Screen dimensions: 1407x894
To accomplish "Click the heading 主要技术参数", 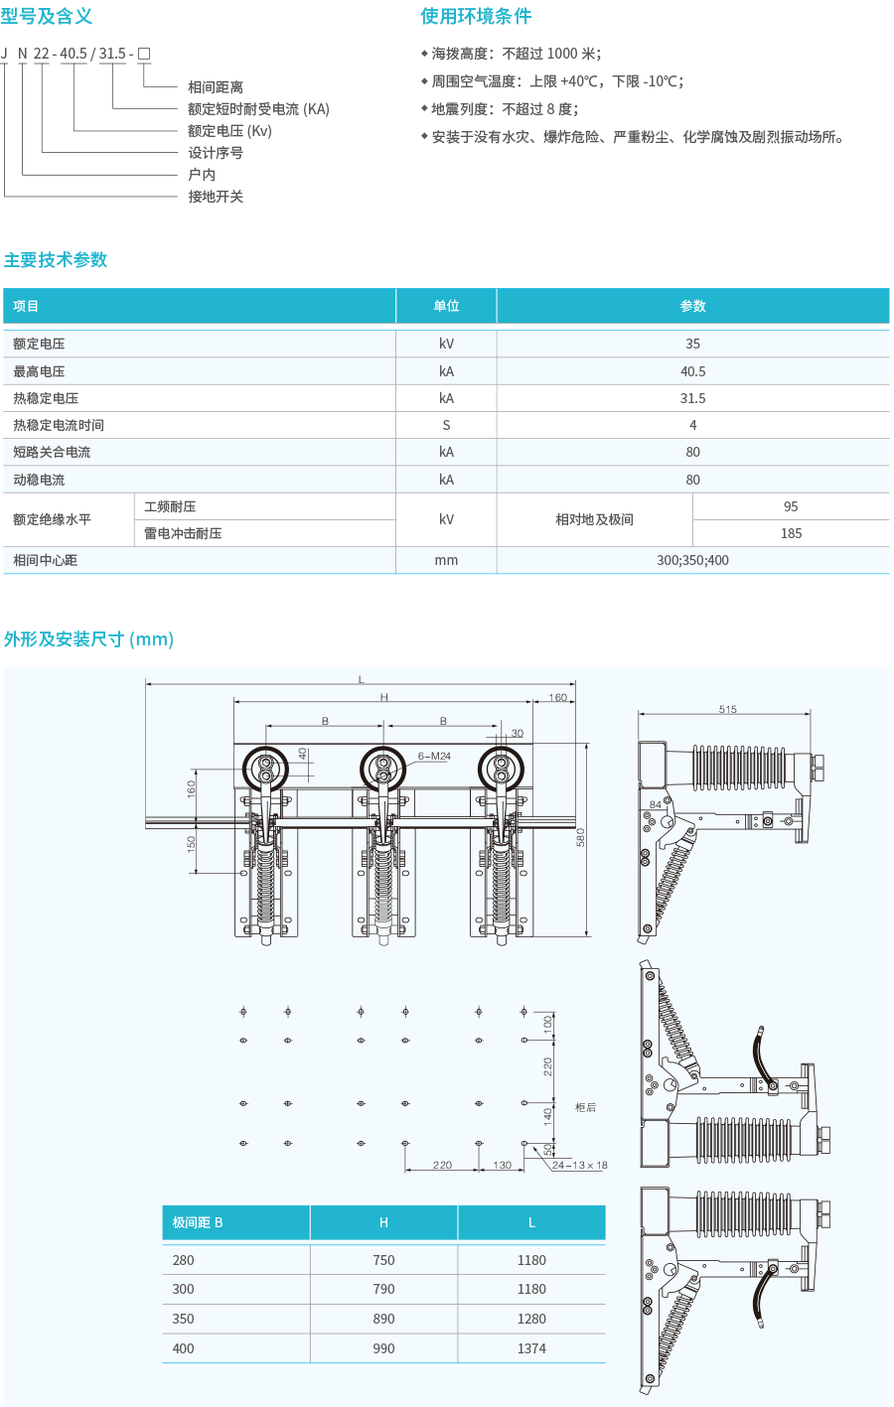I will click(x=56, y=260).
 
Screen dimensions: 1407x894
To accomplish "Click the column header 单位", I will click(x=446, y=306).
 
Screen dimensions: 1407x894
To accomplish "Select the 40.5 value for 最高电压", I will click(x=692, y=371).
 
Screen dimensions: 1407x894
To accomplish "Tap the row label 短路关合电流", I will click(x=52, y=452).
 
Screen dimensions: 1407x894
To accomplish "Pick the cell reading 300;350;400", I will click(x=692, y=560).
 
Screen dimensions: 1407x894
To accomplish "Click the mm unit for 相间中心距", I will click(x=446, y=560).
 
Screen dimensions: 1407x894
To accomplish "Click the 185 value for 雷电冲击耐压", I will click(x=791, y=533).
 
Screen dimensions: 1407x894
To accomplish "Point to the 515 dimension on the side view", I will click(x=727, y=709).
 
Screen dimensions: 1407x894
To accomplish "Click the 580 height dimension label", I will click(x=580, y=837).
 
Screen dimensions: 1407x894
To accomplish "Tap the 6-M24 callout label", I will click(x=434, y=757).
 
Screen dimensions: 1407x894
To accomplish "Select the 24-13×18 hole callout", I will click(x=580, y=1165).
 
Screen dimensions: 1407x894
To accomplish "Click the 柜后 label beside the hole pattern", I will click(x=586, y=1107).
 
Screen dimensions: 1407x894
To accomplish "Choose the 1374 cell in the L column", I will click(x=531, y=1348).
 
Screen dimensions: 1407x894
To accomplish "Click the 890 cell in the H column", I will click(x=383, y=1319).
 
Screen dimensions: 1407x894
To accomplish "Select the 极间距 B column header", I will click(x=198, y=1222).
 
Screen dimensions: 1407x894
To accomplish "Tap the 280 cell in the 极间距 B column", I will click(x=184, y=1260).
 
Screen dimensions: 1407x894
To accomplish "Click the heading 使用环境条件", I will click(x=476, y=16).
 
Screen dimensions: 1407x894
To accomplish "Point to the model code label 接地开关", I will click(x=216, y=197).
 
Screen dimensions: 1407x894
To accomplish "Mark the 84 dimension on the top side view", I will click(x=656, y=804).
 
